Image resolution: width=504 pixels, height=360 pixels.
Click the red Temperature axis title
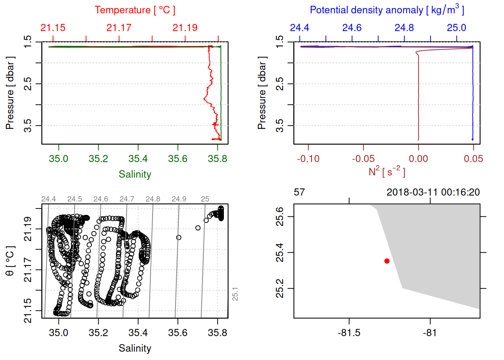click(x=135, y=10)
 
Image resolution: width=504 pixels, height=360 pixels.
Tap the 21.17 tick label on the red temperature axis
click(x=119, y=28)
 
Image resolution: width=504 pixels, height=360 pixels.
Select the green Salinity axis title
click(x=135, y=174)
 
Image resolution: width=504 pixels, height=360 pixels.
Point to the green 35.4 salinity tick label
click(x=138, y=159)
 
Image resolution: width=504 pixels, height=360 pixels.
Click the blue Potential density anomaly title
click(x=387, y=10)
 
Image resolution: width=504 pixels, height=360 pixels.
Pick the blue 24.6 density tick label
click(x=352, y=28)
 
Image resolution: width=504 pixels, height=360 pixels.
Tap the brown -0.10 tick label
click(x=308, y=159)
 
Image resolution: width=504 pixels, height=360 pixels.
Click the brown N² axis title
click(x=387, y=172)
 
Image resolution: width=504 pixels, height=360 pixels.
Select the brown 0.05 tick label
click(x=473, y=159)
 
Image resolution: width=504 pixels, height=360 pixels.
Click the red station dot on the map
click(x=387, y=261)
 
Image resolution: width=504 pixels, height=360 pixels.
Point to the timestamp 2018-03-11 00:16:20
click(x=433, y=192)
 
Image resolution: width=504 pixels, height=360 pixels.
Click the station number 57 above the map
click(x=299, y=192)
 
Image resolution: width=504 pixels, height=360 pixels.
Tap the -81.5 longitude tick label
click(x=349, y=333)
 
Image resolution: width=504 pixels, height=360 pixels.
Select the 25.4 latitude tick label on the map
click(x=280, y=252)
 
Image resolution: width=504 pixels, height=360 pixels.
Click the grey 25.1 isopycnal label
click(x=235, y=294)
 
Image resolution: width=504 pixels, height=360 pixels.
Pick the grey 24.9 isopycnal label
click(x=179, y=199)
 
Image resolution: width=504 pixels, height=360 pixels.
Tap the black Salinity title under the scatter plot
click(x=135, y=348)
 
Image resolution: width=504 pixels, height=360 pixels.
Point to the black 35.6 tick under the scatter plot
click(x=178, y=333)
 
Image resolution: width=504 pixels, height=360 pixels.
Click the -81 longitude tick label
click(x=430, y=333)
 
